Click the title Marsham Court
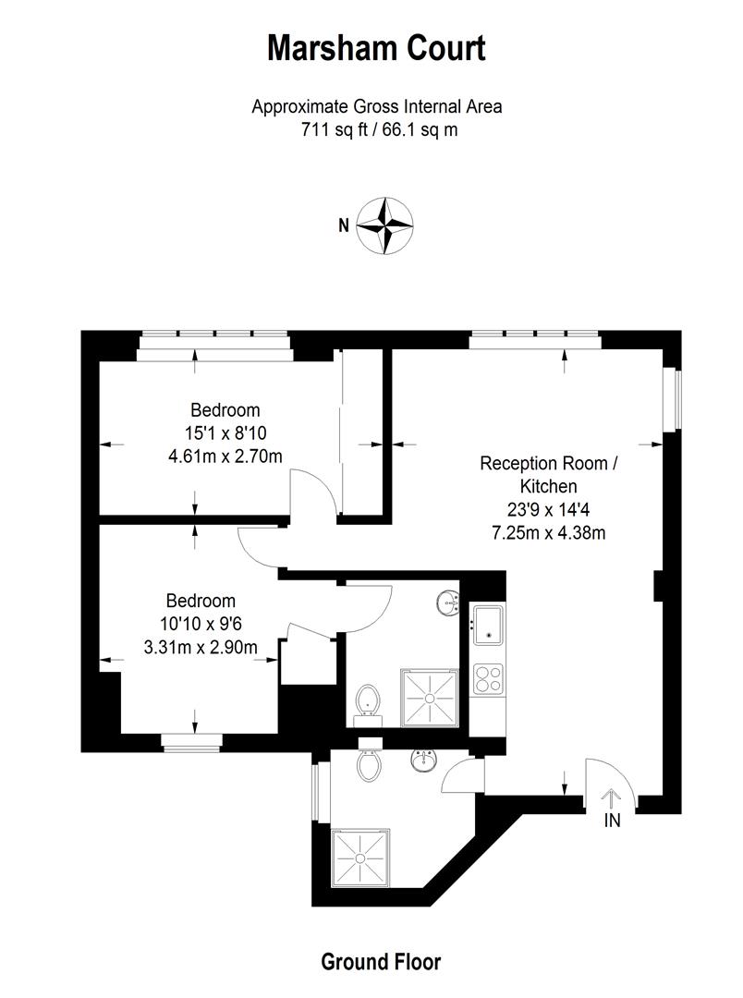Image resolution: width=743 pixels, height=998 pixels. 376,47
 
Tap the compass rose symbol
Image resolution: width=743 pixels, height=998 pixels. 384,225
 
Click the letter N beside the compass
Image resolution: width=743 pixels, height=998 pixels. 343,225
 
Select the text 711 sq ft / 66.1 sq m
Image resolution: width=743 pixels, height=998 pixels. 377,130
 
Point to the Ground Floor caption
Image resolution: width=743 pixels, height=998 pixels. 381,962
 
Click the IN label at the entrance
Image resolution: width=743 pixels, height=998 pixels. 612,820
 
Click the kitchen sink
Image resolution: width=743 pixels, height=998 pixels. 487,626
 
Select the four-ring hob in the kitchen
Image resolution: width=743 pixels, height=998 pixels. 487,679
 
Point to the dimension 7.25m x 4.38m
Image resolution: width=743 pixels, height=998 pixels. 549,532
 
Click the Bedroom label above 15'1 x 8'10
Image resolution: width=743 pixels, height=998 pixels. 225,409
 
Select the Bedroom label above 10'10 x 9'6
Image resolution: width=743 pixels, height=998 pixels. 201,601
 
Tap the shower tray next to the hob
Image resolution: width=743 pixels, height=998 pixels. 429,698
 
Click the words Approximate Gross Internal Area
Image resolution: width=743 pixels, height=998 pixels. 377,106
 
